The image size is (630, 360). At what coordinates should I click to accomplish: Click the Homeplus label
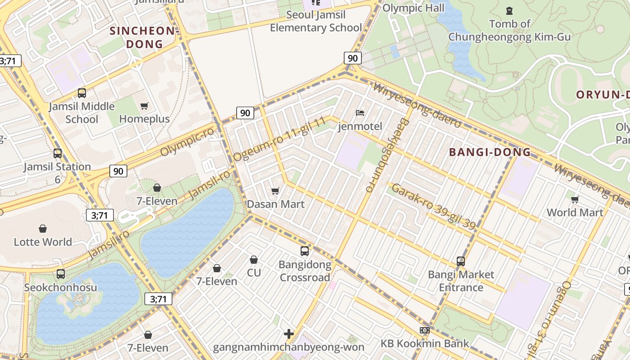point(144,119)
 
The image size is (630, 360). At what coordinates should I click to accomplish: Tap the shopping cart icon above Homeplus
point(144,106)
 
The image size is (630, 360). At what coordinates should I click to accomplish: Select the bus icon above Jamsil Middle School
point(81,93)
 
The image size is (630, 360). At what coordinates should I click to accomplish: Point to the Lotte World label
point(43,242)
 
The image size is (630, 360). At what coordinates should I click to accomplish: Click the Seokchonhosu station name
point(60,287)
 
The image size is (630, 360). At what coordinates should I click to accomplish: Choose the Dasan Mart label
point(275,204)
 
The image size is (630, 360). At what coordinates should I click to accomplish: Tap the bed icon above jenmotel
point(360,112)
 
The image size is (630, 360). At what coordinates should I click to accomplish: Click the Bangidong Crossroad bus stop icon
point(305,251)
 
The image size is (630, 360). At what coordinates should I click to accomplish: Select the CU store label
point(254,273)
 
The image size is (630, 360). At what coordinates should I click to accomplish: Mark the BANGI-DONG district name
point(490,152)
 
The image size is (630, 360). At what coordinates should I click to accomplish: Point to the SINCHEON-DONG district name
point(144,37)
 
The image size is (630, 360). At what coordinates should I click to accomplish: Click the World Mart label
point(575,212)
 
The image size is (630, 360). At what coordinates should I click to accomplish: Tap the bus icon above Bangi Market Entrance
point(460,261)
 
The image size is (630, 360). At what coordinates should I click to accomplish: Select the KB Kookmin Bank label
point(424,343)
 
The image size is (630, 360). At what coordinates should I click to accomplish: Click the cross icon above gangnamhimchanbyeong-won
point(289,334)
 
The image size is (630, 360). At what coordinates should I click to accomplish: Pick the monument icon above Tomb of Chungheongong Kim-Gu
point(509,10)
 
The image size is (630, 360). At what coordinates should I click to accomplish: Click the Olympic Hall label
point(413,8)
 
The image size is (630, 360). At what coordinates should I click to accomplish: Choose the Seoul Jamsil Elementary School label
point(315,21)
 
